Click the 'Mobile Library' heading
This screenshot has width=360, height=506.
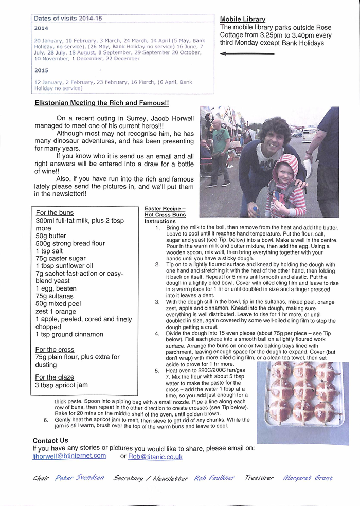[243, 20]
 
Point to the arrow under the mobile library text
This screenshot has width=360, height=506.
[247, 53]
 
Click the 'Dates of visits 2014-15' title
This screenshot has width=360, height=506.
[68, 18]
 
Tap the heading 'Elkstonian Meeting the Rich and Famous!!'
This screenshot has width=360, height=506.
[102, 103]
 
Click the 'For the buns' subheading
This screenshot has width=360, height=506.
[55, 213]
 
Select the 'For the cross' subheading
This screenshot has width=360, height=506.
[55, 350]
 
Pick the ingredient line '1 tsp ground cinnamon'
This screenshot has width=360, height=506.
[69, 334]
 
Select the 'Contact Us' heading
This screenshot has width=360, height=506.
[50, 441]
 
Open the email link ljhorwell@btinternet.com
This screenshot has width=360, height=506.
[69, 456]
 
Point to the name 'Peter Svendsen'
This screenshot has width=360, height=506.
[79, 478]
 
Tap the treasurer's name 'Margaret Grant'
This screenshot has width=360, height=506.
[308, 478]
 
